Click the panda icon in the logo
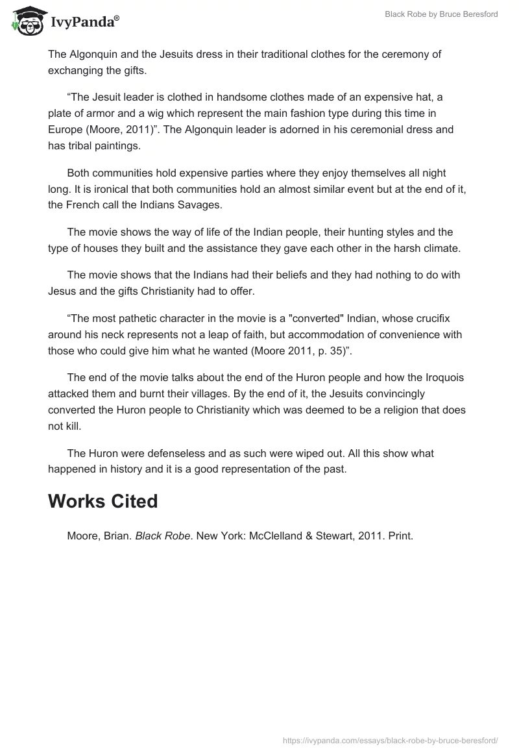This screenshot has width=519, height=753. pos(27,21)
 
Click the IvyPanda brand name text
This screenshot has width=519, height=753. pos(84,23)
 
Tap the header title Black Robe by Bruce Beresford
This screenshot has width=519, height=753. pos(442,14)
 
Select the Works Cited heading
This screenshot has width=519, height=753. pos(103,501)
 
